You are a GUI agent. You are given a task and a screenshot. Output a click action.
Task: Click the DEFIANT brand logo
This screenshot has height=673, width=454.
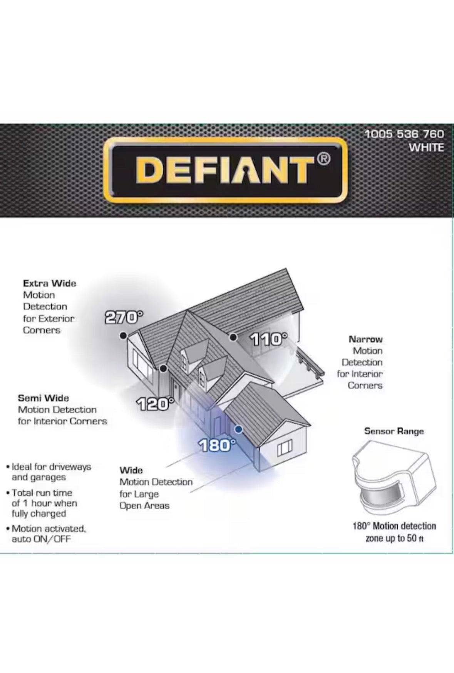[x=225, y=170]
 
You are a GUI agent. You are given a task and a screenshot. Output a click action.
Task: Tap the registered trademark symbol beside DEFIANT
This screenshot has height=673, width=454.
[x=324, y=158]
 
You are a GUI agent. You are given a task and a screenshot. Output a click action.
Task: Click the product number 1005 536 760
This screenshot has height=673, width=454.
[x=404, y=134]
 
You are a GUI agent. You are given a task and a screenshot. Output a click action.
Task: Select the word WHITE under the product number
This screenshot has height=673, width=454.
[x=426, y=148]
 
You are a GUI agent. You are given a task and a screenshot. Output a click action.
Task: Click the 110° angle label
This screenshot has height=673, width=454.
[x=269, y=340]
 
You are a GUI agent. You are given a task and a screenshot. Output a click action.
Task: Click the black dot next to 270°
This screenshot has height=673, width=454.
[x=123, y=336]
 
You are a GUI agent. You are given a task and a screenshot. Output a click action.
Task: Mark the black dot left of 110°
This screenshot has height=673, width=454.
[x=233, y=338]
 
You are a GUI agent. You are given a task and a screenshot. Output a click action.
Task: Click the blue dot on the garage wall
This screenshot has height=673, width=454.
[x=238, y=429]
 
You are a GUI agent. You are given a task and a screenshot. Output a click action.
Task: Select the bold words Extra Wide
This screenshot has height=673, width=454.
[x=50, y=283]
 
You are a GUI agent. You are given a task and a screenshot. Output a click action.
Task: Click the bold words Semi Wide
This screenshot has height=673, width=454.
[x=44, y=398]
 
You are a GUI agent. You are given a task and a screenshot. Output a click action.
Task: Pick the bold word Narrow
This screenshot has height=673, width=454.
[x=365, y=339]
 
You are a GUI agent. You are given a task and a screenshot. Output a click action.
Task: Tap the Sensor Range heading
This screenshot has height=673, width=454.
[x=394, y=431]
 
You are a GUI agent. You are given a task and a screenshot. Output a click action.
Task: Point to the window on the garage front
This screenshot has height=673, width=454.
[x=285, y=448]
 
